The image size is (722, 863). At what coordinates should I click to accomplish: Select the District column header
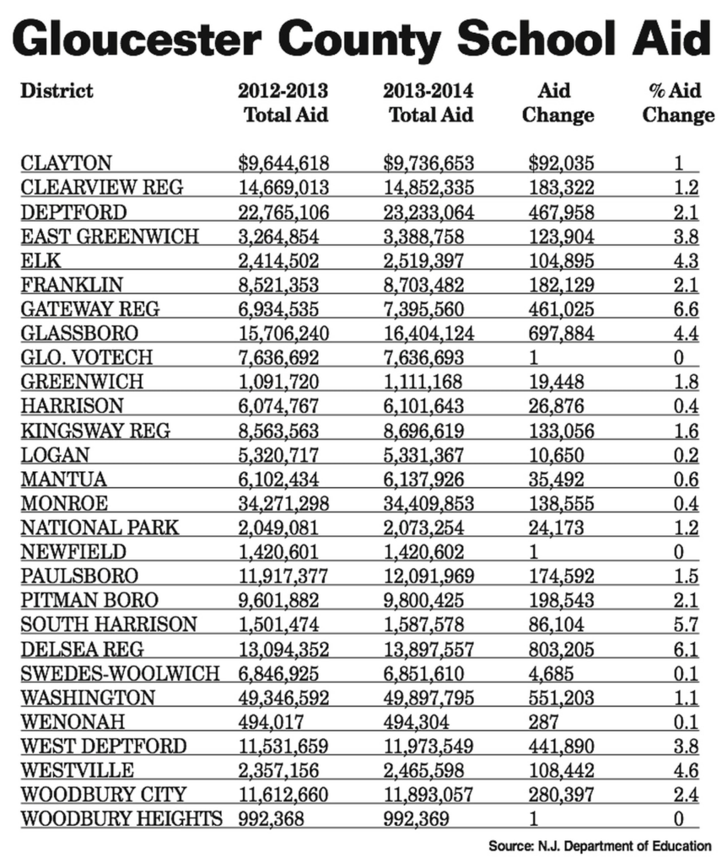tap(57, 90)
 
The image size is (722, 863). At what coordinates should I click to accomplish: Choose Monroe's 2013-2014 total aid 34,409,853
tap(428, 505)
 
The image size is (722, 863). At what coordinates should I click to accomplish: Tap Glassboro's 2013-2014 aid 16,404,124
tap(428, 334)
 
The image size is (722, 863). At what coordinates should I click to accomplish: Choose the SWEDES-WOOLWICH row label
tap(119, 674)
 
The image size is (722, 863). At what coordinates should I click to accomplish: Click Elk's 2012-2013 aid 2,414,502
tap(279, 260)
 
